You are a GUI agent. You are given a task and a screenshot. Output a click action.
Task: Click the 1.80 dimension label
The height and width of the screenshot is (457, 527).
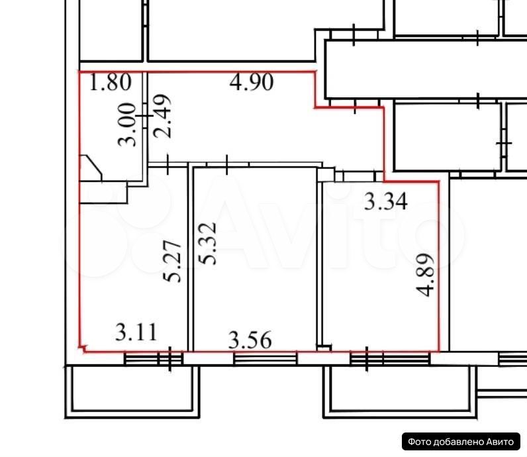click(111, 82)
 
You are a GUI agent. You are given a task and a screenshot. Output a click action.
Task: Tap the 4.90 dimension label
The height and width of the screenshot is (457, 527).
click(252, 82)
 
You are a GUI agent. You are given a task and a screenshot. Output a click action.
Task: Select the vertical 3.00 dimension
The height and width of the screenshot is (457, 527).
click(127, 125)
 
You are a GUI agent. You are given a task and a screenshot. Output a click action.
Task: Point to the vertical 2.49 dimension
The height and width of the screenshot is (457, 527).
click(162, 117)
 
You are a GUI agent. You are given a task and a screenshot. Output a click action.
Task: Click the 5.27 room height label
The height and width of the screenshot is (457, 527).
click(172, 261)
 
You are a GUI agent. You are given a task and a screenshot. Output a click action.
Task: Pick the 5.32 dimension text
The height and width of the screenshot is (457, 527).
click(208, 244)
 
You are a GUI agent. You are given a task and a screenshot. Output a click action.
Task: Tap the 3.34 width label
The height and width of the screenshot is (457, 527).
click(386, 201)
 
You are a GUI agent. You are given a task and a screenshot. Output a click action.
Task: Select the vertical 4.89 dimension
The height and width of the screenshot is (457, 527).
click(425, 275)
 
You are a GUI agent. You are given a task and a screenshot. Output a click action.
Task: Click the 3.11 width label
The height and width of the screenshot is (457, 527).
click(136, 332)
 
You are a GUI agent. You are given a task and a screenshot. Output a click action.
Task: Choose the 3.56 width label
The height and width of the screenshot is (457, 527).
click(250, 340)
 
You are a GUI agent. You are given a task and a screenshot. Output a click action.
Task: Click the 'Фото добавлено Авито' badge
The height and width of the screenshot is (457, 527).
click(461, 442)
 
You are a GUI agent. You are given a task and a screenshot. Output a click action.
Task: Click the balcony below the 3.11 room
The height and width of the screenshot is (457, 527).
click(132, 392)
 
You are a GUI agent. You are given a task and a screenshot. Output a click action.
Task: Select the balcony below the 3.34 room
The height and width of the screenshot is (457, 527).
click(400, 392)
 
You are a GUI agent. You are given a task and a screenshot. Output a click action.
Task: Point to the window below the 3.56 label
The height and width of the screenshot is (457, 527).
click(265, 359)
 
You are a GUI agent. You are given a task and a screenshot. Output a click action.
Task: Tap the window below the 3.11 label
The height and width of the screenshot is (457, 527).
click(153, 359)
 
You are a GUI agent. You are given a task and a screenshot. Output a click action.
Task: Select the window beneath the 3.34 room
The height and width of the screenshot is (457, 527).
click(390, 359)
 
